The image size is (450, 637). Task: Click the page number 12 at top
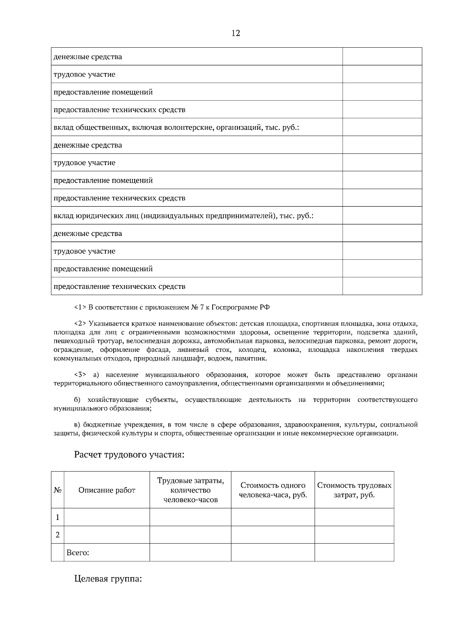[x=235, y=33]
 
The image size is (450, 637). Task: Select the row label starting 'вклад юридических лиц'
[x=183, y=216]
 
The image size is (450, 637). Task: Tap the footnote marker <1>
[x=80, y=308]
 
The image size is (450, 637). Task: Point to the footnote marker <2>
[x=80, y=323]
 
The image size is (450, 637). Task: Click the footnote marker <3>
[x=80, y=375]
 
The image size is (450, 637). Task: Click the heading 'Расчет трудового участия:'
[x=129, y=455]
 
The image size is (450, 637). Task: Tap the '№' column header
[x=57, y=490]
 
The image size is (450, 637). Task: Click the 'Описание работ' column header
[x=107, y=490]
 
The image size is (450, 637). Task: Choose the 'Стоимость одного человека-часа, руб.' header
[x=273, y=490]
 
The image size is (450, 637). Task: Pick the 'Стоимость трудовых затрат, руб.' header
[x=354, y=490]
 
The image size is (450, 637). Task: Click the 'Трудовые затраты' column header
[x=190, y=490]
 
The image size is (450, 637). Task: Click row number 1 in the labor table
[x=57, y=517]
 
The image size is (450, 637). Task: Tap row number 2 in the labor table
[x=57, y=535]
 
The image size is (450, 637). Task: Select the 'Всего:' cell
[x=78, y=553]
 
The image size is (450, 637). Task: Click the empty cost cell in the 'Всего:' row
[x=354, y=553]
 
